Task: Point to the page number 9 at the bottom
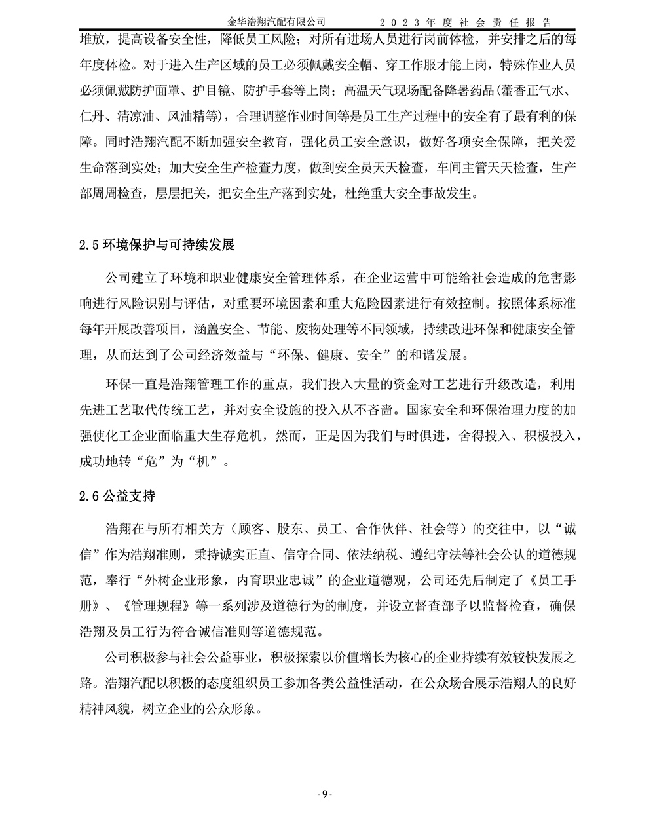pos(326,795)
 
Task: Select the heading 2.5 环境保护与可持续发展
pos(156,245)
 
